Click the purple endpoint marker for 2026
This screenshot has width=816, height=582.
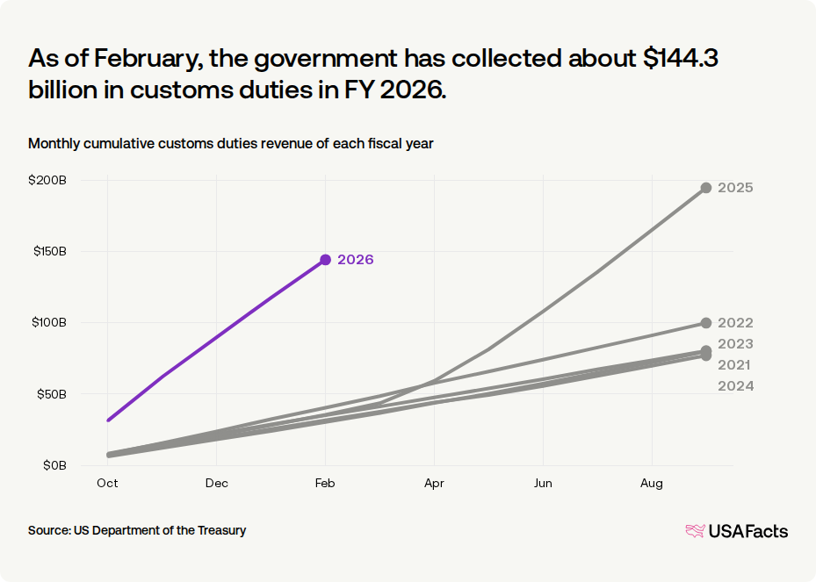[x=326, y=260]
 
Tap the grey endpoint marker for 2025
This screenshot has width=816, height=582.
[x=706, y=188]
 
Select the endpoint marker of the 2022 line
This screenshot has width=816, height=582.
[x=706, y=323]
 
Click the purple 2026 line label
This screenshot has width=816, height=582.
[x=356, y=260]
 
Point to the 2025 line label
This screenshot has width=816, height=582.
[x=735, y=188]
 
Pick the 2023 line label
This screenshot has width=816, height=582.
[x=735, y=344]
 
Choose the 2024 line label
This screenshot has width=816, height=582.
[x=735, y=386]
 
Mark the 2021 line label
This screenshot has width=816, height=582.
[x=735, y=365]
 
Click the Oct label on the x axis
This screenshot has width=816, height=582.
[x=108, y=484]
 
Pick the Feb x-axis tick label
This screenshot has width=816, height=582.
[x=326, y=484]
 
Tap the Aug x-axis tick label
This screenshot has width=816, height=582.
[x=652, y=484]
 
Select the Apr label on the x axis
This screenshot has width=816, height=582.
[x=434, y=484]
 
